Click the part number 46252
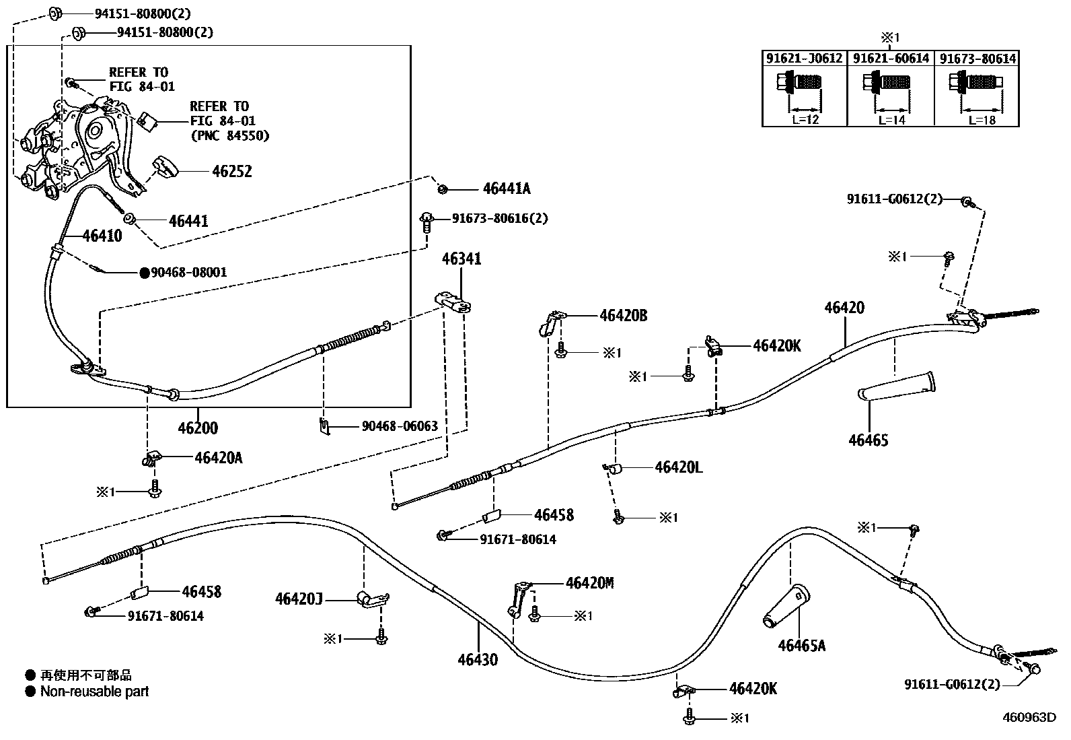point(231,172)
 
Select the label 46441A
point(506,189)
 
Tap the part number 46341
point(461,259)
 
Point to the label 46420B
point(623,315)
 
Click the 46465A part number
point(801,646)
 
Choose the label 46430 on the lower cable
point(478,660)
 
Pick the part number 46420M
point(589,583)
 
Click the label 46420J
point(299,598)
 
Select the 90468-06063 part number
point(400,426)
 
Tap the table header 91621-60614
point(891,59)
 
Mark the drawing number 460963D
point(1029,717)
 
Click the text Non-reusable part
point(94,692)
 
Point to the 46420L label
point(678,467)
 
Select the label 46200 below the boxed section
point(198,428)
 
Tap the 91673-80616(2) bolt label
point(499,219)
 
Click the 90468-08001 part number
point(188,273)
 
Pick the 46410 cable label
point(102,236)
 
